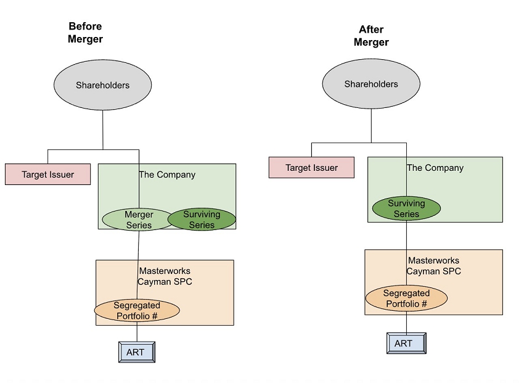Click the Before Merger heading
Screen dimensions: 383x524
click(x=86, y=33)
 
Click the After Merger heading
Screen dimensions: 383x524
click(x=371, y=36)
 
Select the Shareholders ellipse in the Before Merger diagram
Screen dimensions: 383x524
click(x=103, y=85)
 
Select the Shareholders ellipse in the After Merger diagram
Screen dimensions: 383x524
click(x=371, y=84)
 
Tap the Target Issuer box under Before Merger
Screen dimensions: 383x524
click(x=48, y=175)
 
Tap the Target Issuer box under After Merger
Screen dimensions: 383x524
click(x=312, y=168)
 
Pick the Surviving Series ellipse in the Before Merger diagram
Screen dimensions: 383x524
click(x=202, y=220)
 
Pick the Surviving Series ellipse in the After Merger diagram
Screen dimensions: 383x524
click(x=406, y=208)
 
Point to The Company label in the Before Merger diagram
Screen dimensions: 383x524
click(x=167, y=175)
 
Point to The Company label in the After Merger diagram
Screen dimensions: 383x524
click(x=435, y=168)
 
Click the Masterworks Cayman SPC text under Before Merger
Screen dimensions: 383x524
click(x=165, y=276)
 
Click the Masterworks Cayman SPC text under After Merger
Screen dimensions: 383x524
click(x=433, y=266)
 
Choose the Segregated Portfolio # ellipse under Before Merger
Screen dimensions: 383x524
click(x=137, y=311)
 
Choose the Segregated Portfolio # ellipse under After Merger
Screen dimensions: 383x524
click(x=406, y=299)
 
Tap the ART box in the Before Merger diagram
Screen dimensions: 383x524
click(x=136, y=352)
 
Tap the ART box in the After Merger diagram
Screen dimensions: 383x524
click(x=406, y=344)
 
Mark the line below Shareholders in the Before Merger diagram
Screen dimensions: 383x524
click(x=103, y=130)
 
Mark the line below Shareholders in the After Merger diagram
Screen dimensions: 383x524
click(x=371, y=126)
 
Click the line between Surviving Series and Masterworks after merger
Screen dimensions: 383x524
click(x=406, y=234)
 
